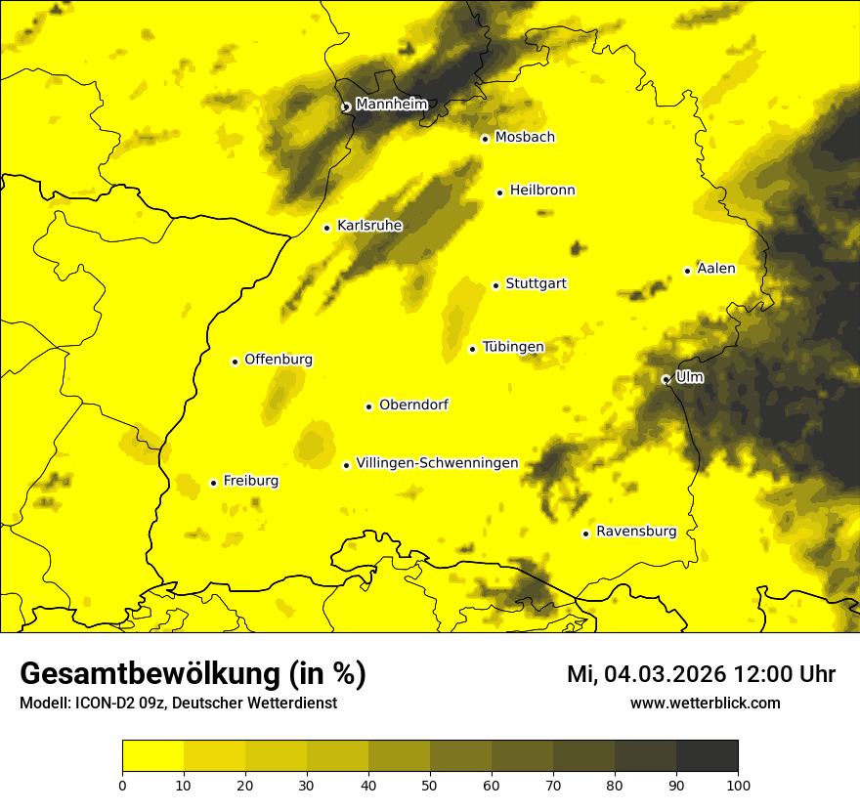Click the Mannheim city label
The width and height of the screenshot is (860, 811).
coord(392,105)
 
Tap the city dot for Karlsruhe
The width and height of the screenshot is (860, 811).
coord(327,228)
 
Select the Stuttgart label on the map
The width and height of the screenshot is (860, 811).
coord(536,284)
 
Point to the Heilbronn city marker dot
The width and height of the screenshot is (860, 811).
coord(499,192)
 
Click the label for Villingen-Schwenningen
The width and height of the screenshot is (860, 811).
coord(437,463)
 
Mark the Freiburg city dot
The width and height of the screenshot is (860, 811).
coord(214,483)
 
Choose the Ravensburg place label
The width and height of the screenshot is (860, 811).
coord(635,532)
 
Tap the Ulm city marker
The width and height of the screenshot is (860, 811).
coord(666,379)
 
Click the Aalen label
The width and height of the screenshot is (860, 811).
coord(716,269)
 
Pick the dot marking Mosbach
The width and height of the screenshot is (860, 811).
coord(485,139)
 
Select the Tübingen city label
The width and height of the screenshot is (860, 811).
coord(513,347)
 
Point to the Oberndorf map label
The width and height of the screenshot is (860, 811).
coord(413,405)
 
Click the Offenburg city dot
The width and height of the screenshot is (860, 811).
coord(235,362)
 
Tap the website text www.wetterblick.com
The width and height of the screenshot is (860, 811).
coord(705,704)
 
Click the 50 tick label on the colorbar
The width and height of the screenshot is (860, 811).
coord(430,785)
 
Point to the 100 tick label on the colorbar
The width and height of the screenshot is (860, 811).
coord(738,785)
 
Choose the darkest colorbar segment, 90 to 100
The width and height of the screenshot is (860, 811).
coord(707,755)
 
